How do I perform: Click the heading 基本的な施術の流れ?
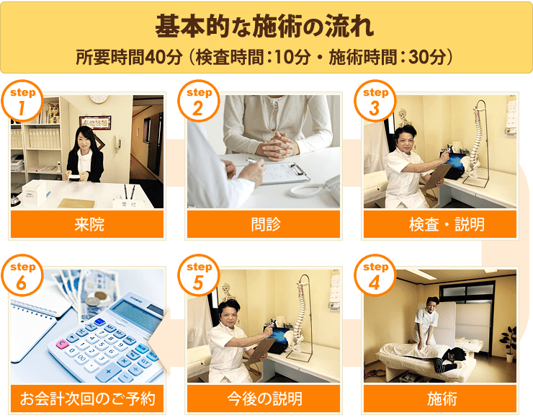[264, 26]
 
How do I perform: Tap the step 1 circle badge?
[22, 101]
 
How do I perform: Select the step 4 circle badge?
[375, 275]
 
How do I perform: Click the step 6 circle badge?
[22, 275]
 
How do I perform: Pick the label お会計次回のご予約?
[87, 399]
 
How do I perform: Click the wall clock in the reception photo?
[99, 99]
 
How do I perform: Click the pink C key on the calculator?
[62, 344]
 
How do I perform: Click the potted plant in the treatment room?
[509, 344]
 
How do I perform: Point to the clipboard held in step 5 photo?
[260, 352]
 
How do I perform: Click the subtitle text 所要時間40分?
[129, 57]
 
